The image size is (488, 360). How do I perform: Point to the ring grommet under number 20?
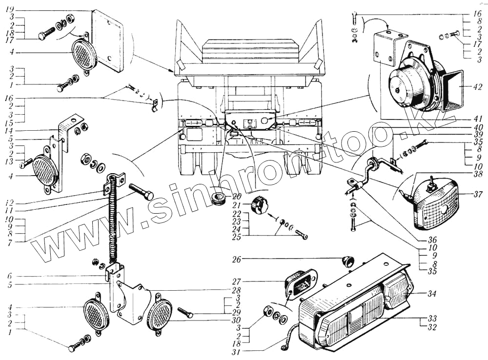click(x=218, y=200)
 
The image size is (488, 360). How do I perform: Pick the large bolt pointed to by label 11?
click(x=141, y=193)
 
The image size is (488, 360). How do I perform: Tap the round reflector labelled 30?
click(x=160, y=315)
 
